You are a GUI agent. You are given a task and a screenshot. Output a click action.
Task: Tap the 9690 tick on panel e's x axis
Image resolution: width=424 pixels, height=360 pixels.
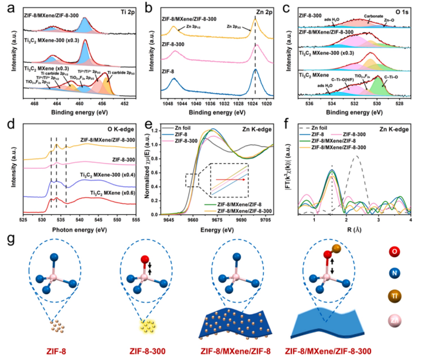(246, 219)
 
